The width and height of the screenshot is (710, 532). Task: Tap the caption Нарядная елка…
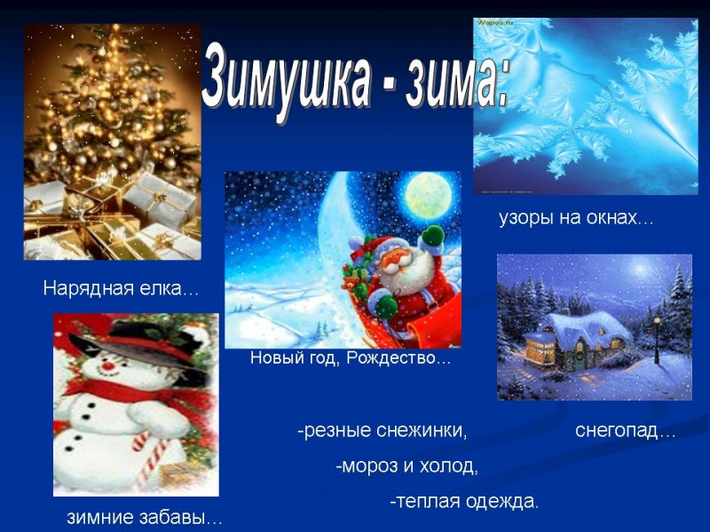pos(122,289)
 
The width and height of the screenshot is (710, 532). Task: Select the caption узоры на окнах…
pos(574,218)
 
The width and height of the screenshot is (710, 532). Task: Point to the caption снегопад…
pos(625,432)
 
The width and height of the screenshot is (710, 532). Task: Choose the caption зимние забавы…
pos(145,518)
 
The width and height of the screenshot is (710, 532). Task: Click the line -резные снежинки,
pos(382,432)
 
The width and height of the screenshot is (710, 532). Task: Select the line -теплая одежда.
pos(463,502)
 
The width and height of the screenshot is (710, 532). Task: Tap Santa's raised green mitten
pos(432,236)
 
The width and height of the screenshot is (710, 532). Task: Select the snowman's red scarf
pos(133,390)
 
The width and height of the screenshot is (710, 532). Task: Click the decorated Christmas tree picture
pos(112,142)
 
